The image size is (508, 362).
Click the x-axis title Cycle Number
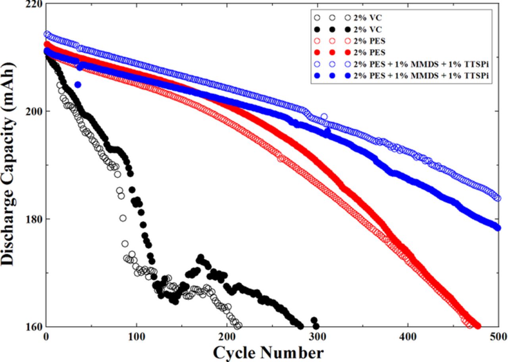pos(268,352)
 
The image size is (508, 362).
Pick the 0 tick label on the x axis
pos(46,337)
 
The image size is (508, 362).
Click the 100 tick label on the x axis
pos(137,337)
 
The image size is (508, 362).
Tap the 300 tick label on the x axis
pos(317,337)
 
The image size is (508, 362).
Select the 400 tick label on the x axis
pos(408,337)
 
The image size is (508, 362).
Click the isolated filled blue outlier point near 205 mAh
pos(78,85)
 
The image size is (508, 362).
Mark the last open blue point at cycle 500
pos(498,198)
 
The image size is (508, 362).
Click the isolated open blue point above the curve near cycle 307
pos(324,116)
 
